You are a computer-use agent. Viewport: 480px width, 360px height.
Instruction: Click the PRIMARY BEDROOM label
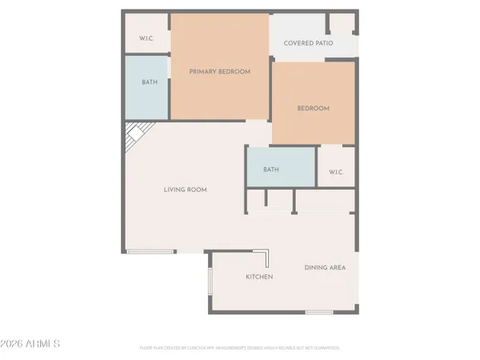pyautogui.click(x=219, y=71)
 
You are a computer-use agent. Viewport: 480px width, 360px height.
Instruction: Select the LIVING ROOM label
pyautogui.click(x=186, y=190)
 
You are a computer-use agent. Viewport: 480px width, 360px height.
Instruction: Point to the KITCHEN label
pyautogui.click(x=258, y=277)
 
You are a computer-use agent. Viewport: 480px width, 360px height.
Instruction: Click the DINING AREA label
pyautogui.click(x=325, y=267)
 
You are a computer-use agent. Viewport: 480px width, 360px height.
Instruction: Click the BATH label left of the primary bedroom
pyautogui.click(x=150, y=82)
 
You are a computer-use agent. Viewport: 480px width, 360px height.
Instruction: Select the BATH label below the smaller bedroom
pyautogui.click(x=271, y=169)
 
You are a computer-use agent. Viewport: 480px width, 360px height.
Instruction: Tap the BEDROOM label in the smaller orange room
pyautogui.click(x=313, y=108)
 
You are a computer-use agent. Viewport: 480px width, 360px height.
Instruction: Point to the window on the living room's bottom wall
pyautogui.click(x=150, y=252)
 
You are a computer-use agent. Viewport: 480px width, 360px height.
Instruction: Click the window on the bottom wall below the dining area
pyautogui.click(x=318, y=312)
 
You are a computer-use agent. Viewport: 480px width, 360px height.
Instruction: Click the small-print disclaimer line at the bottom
pyautogui.click(x=240, y=348)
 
